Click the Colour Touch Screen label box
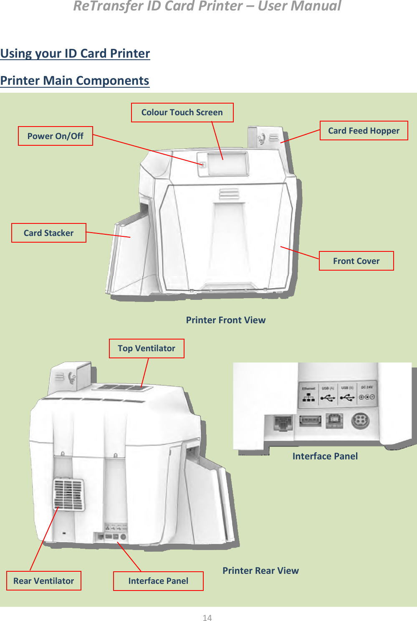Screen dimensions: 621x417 (x=182, y=112)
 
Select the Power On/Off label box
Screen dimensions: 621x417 (x=55, y=136)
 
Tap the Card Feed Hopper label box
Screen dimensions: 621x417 (x=364, y=131)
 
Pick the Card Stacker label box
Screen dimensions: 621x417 (x=48, y=233)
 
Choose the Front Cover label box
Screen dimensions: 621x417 (x=356, y=261)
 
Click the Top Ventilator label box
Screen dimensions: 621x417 (x=146, y=348)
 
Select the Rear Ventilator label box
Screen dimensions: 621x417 (x=43, y=581)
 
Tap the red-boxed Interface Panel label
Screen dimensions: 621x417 (x=158, y=581)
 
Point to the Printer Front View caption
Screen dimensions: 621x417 (x=225, y=320)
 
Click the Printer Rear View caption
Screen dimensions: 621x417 (x=260, y=571)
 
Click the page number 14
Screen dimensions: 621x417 (x=207, y=618)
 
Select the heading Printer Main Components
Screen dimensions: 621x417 (x=75, y=81)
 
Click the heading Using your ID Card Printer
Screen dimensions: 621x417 (x=75, y=53)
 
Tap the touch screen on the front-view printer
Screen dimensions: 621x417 (x=228, y=163)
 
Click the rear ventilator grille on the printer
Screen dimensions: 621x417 (x=68, y=494)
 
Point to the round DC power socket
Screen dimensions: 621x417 (x=360, y=421)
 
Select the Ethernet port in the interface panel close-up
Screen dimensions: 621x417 (x=283, y=423)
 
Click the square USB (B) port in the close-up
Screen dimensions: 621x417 (x=334, y=421)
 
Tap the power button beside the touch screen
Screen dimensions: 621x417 (x=203, y=165)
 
